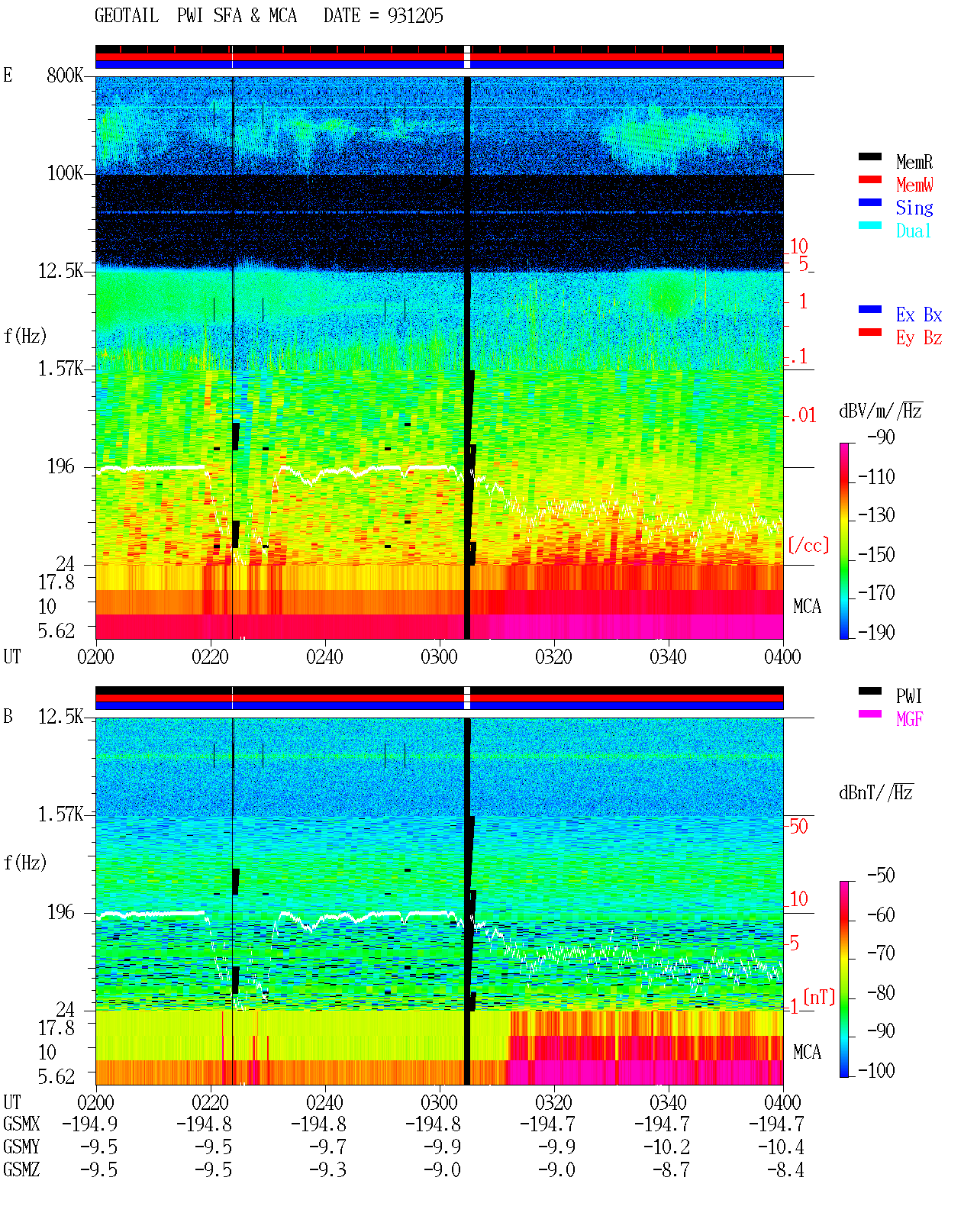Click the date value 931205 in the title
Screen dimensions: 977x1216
415,16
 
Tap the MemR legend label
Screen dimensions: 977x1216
914,162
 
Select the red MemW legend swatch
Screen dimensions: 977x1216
869,179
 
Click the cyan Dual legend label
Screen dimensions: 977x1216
914,231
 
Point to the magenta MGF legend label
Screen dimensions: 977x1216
909,719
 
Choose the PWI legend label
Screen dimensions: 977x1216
908,696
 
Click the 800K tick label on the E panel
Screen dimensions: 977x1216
65,75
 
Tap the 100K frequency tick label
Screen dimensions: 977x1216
65,173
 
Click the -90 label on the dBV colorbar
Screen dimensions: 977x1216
881,437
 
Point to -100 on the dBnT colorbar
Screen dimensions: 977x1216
876,1070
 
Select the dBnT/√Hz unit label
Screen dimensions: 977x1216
875,792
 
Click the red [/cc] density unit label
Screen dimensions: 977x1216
808,545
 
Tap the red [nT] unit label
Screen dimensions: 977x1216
819,998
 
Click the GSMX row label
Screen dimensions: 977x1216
21,1124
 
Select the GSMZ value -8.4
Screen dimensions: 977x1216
785,1170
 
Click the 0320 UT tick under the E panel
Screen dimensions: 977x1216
554,657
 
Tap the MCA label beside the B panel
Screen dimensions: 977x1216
807,1052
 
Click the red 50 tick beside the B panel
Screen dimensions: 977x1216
798,827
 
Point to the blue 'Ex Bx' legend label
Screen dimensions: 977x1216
919,314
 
